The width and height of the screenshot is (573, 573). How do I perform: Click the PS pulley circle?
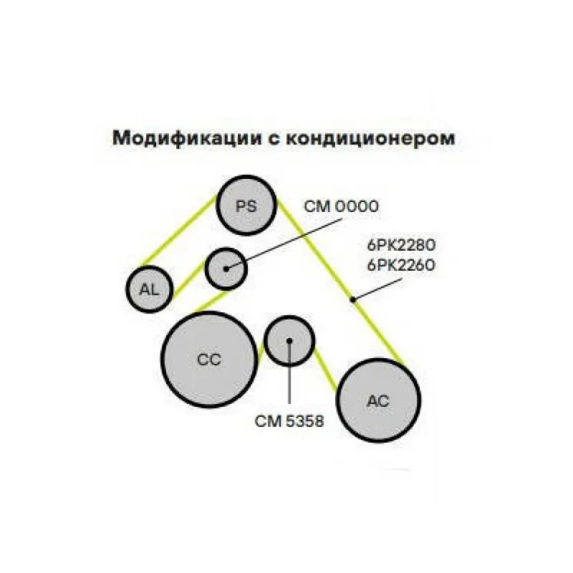[x=246, y=205]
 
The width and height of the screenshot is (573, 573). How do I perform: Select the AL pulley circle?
[x=149, y=289]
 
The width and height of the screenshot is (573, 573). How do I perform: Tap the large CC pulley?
[x=209, y=360]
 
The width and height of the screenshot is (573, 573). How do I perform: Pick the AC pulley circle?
[x=378, y=400]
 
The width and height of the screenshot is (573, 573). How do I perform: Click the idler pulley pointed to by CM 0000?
[x=226, y=269]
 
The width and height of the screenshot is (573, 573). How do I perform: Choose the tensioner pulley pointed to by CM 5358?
[x=289, y=341]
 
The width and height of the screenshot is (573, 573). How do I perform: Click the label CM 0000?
[x=342, y=207]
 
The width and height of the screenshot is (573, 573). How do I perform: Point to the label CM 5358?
[x=289, y=421]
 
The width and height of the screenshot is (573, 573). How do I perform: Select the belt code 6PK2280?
[x=401, y=245]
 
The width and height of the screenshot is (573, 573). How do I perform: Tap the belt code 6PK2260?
[x=401, y=265]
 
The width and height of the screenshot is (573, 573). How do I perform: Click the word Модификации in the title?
[x=187, y=138]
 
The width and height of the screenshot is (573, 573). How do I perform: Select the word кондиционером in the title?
[x=370, y=139]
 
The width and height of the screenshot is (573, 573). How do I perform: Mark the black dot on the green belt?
[x=352, y=300]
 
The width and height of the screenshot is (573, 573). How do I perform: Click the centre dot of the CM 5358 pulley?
[x=289, y=341]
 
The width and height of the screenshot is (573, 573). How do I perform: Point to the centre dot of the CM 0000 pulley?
[x=226, y=269]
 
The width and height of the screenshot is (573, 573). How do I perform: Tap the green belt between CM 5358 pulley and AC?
[x=325, y=368]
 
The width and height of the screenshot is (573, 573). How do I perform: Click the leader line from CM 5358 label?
[x=289, y=372]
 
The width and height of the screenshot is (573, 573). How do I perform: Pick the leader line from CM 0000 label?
[x=284, y=244]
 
